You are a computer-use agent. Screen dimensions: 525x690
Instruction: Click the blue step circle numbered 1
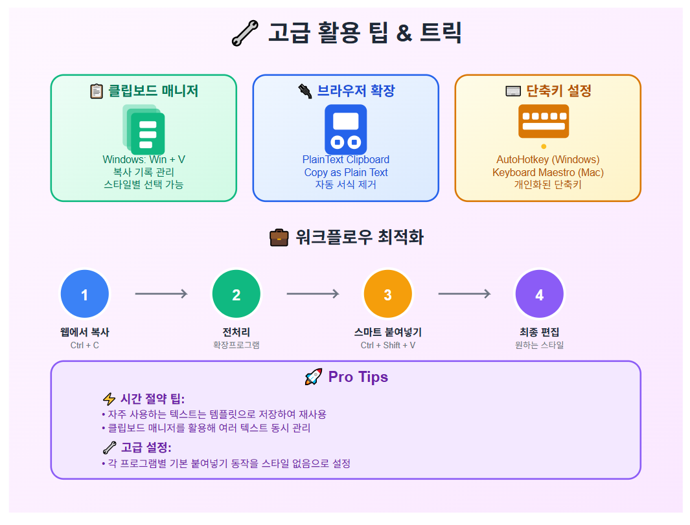[84, 295]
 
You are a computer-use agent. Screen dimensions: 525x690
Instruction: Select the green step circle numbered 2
[236, 295]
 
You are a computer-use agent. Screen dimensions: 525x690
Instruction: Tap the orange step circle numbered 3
[387, 295]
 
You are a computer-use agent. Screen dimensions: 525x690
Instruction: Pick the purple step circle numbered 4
[539, 295]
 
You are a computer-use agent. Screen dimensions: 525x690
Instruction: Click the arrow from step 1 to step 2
[161, 294]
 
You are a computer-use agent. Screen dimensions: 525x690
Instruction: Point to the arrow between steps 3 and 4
[464, 294]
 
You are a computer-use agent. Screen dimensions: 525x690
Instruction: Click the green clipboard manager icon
[144, 129]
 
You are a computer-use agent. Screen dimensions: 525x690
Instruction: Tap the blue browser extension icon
[345, 129]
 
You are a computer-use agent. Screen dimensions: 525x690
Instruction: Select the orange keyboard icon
[544, 121]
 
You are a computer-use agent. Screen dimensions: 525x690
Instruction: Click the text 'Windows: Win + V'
[144, 159]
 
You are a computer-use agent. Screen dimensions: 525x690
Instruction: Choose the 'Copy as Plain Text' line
[346, 172]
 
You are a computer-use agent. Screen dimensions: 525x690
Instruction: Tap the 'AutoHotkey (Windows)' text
[548, 159]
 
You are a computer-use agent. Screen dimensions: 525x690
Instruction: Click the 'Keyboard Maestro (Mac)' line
[548, 172]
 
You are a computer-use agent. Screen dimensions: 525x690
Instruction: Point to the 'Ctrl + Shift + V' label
[388, 345]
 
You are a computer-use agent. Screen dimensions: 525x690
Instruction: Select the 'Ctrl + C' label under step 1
[85, 345]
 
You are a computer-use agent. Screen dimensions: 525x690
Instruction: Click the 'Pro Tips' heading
[358, 377]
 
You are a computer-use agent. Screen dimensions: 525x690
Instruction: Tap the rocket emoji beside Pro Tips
[314, 377]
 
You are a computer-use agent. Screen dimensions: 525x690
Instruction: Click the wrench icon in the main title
[244, 33]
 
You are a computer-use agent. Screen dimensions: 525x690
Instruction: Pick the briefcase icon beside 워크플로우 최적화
[279, 238]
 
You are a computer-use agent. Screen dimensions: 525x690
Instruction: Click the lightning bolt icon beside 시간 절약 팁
[109, 399]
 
